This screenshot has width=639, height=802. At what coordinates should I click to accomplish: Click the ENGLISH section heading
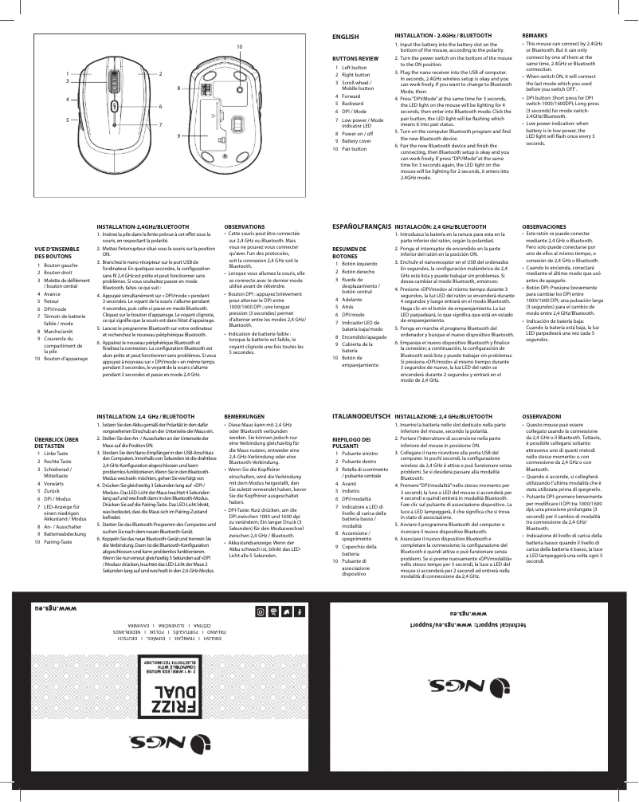pos(346,37)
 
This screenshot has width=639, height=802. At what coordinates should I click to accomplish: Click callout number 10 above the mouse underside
pos(238,49)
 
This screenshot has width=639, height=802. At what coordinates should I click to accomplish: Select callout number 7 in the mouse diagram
pos(160,125)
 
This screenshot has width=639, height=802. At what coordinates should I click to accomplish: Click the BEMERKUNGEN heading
pos(244,417)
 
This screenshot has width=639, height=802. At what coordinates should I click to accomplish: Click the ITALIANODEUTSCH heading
pos(360,417)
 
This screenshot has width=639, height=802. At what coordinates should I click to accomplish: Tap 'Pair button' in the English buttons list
pos(348,148)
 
